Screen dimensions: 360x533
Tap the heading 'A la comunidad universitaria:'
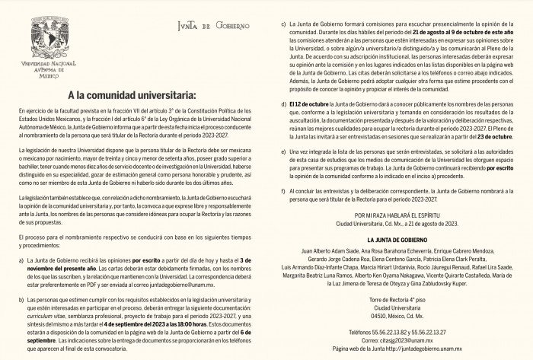(x=132, y=96)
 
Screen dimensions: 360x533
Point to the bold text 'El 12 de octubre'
(x=309, y=103)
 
